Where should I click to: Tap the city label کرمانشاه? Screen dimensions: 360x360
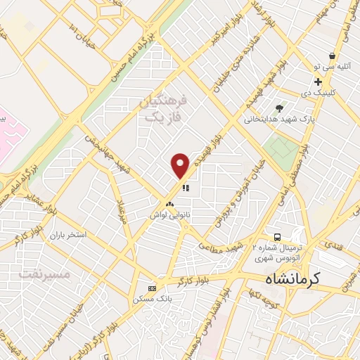click(x=292, y=279)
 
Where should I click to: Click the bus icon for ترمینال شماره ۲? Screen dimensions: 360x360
click(x=278, y=237)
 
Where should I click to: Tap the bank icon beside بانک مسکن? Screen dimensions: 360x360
click(x=152, y=288)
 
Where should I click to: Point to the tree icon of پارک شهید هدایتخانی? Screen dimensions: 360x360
click(x=280, y=108)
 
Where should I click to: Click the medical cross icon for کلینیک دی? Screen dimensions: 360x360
click(x=319, y=82)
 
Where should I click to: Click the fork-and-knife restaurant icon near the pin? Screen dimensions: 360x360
click(x=186, y=188)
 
